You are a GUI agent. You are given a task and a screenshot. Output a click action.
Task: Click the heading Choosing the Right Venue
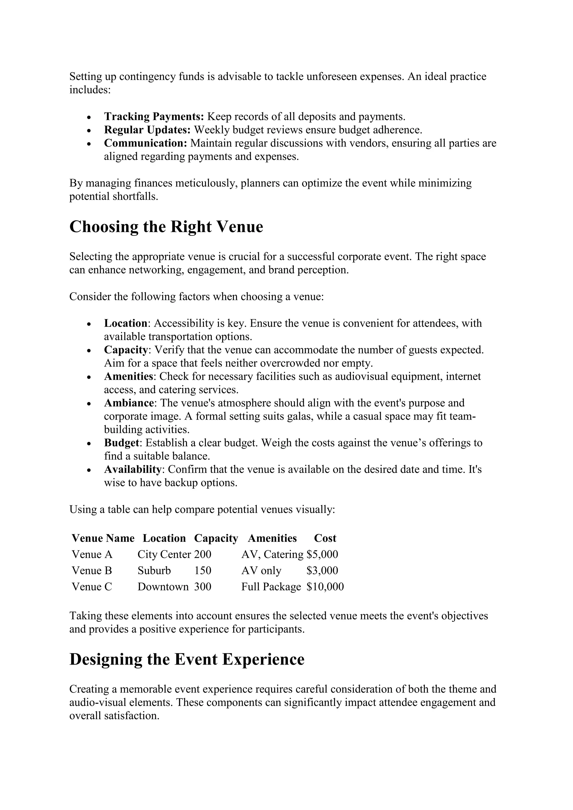pos(166,227)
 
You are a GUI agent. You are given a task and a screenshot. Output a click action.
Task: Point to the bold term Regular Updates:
pos(147,130)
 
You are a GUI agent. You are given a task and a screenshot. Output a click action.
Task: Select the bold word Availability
pos(133,470)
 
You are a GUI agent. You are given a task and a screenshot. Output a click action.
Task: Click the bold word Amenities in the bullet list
pos(128,376)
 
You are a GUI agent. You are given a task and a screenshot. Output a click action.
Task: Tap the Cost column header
pos(325,538)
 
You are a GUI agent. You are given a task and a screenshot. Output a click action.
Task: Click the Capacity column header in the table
pos(216,538)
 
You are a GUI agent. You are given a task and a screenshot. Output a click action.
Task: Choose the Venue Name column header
pos(103,538)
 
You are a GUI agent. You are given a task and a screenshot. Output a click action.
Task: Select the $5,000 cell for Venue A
pos(322,555)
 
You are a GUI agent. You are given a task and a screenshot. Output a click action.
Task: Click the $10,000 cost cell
pos(325,587)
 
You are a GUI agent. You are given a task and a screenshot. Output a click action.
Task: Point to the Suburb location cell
pos(154,571)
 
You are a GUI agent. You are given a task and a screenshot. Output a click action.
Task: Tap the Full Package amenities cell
pos(271,587)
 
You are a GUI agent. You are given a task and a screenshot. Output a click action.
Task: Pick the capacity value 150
pos(203,571)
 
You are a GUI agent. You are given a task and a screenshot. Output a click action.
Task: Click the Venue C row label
pos(92,587)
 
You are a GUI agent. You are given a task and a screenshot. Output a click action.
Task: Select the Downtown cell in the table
pos(163,587)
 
